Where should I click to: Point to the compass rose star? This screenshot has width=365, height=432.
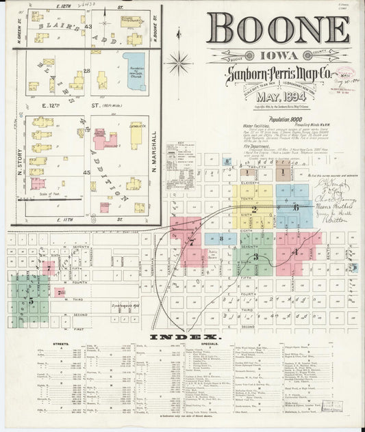(x=179, y=64)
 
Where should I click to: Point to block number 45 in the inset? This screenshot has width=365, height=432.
(x=87, y=172)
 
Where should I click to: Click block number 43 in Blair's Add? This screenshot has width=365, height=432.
(x=88, y=26)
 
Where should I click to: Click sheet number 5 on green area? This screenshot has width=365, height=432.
(x=29, y=299)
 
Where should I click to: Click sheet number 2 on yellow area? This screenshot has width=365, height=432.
(x=254, y=210)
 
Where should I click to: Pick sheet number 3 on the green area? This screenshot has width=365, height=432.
(x=255, y=257)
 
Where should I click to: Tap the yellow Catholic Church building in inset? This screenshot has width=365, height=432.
(x=136, y=135)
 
